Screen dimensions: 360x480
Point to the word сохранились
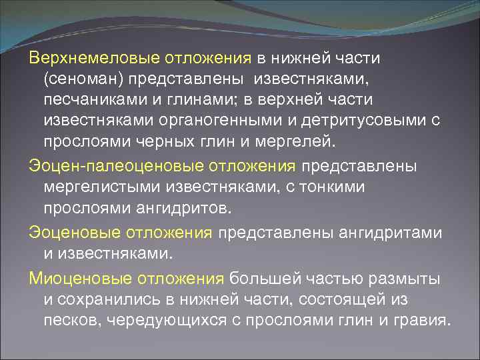(x=109, y=299)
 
